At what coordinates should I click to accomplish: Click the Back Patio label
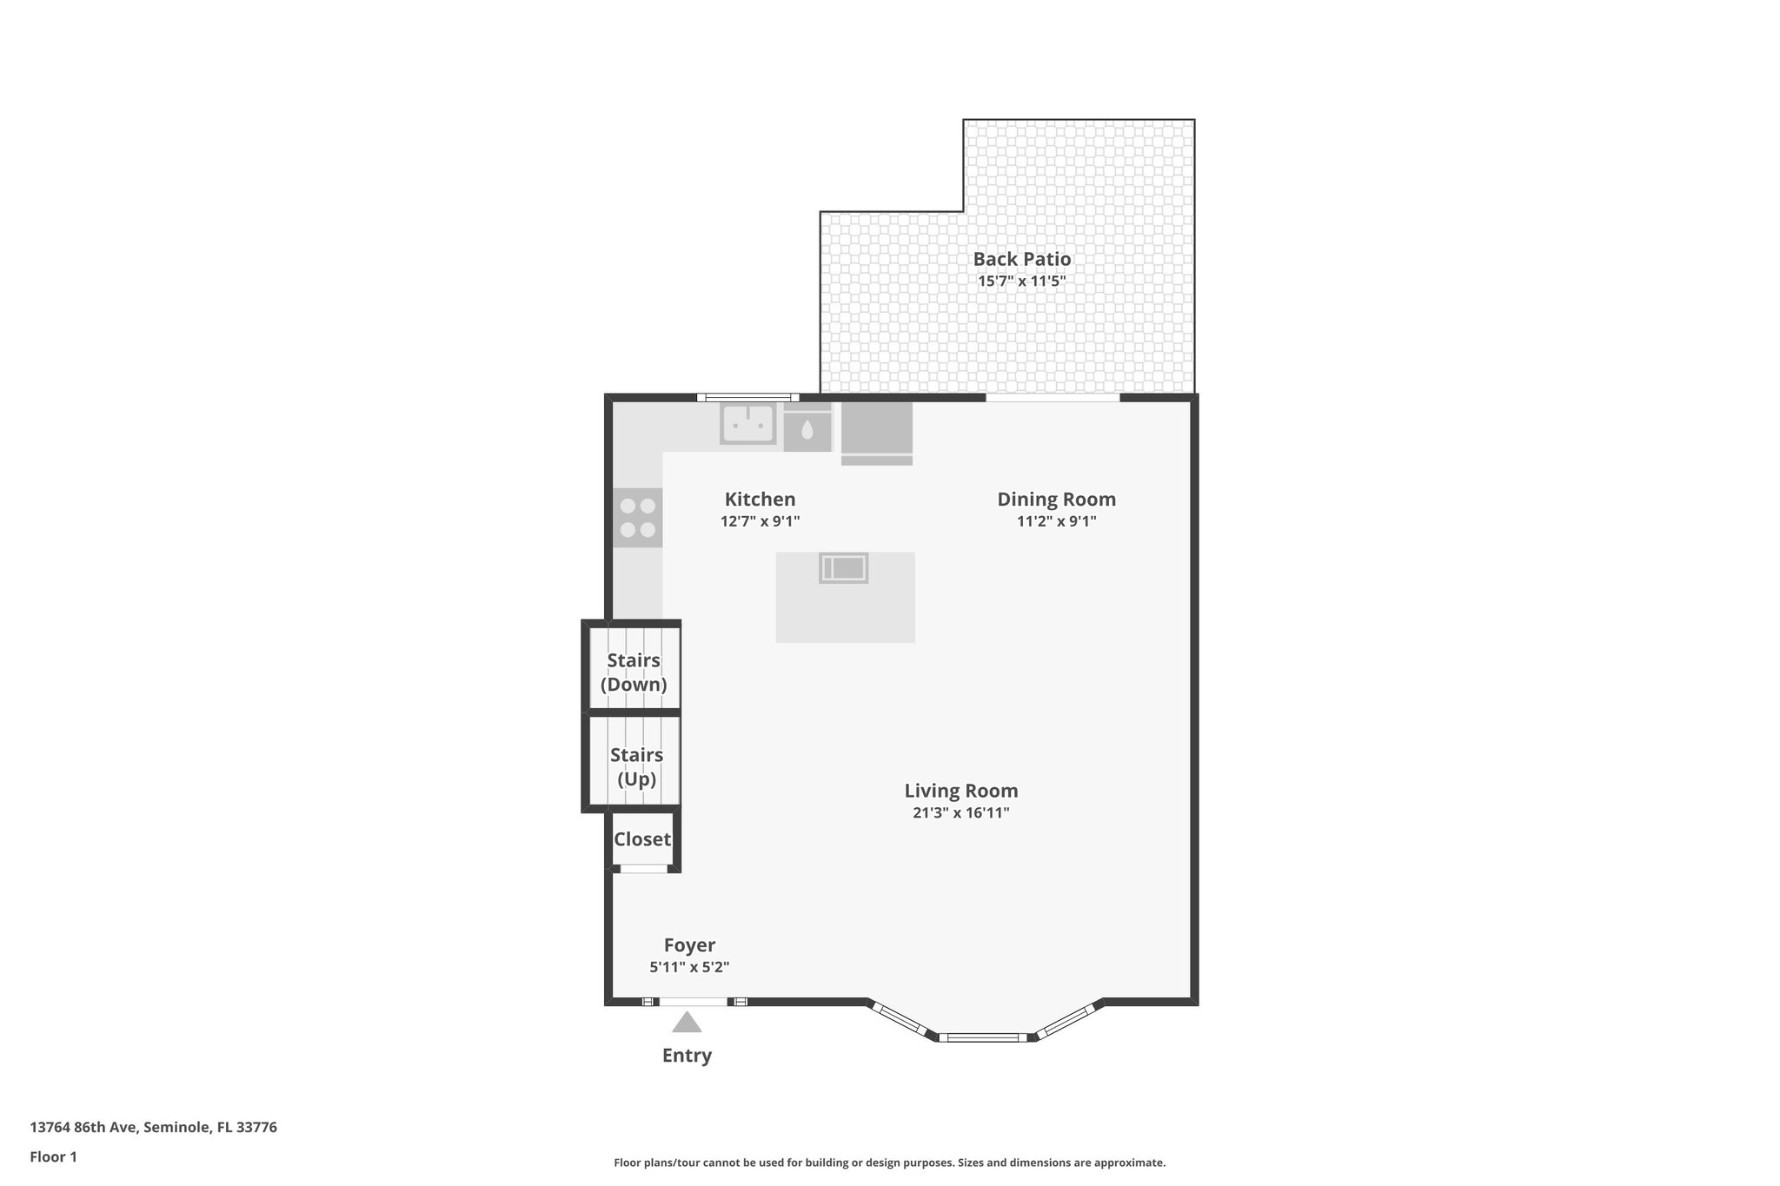point(1021,259)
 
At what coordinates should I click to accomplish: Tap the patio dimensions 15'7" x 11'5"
point(1021,282)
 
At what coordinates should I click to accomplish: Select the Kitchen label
point(760,500)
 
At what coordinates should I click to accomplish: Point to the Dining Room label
point(1056,500)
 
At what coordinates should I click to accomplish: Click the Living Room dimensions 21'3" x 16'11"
point(960,813)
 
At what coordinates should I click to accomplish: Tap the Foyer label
point(689,945)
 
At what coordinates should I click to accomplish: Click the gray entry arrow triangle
point(687,1023)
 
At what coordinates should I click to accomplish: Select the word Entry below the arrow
point(687,1056)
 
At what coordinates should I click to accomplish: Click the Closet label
point(642,839)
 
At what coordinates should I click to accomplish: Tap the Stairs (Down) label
point(634,673)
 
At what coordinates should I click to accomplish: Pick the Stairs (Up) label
point(636,767)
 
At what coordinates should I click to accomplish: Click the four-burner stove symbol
point(637,518)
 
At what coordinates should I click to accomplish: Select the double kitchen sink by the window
point(747,424)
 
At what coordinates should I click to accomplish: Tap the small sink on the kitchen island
point(843,568)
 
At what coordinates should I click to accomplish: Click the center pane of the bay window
point(983,1037)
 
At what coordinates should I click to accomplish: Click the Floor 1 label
point(53,1156)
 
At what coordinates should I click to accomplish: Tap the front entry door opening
point(693,1002)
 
